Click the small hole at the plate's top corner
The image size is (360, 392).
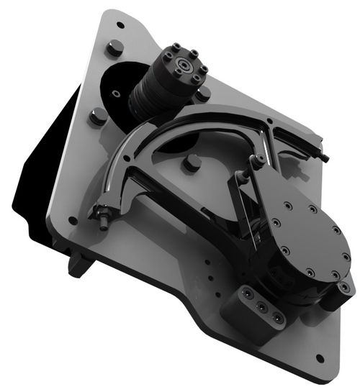tap(120, 24)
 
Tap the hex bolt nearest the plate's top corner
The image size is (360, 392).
tap(114, 49)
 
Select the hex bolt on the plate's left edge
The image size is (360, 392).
tap(98, 116)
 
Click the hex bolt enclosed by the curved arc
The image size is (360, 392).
tap(191, 163)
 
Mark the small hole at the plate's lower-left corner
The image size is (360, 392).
tap(73, 221)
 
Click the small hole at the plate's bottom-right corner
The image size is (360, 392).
tap(320, 357)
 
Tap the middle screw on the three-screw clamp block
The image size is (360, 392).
tap(261, 307)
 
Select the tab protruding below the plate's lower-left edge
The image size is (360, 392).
tap(78, 265)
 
